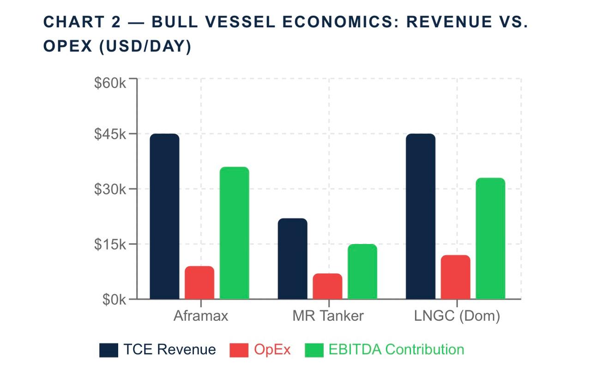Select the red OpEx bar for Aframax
pos(199,282)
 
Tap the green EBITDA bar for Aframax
pos(235,233)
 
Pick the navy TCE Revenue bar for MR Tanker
pos(292,258)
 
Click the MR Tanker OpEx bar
pos(327,286)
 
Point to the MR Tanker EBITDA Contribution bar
pos(362,271)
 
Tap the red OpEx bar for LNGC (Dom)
pos(455,277)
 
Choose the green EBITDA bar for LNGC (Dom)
pos(490,238)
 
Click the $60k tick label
pos(110,83)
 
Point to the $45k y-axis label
pos(110,134)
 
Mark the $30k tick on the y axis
pos(110,189)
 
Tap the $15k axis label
pos(110,244)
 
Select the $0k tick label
pos(114,299)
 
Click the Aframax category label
pos(201,316)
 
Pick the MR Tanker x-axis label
pos(328,316)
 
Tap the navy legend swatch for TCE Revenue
pos(109,350)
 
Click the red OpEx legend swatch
pos(239,350)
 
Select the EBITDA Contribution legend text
pos(396,349)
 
